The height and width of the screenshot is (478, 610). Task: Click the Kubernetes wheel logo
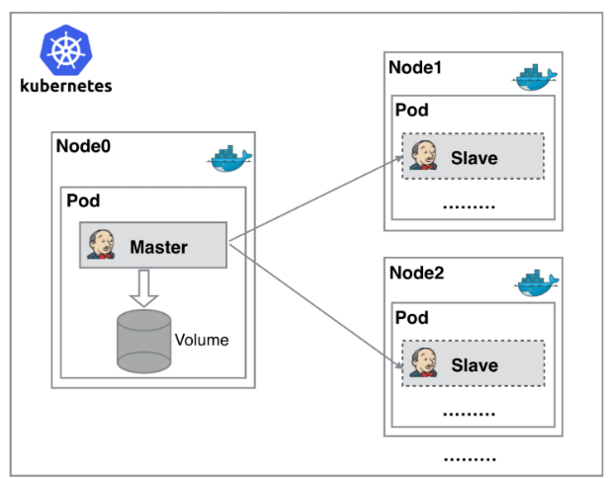(x=66, y=50)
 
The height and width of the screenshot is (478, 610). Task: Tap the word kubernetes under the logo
(x=66, y=86)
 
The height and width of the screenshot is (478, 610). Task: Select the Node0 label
(x=83, y=146)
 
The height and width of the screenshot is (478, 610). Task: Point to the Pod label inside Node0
(x=83, y=200)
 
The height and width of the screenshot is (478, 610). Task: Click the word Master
(x=159, y=247)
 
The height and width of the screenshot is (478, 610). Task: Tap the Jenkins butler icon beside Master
(x=101, y=245)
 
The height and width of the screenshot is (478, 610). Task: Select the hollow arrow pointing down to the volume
(x=144, y=288)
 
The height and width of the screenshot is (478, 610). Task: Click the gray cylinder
(x=144, y=341)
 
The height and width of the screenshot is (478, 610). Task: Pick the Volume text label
(x=202, y=340)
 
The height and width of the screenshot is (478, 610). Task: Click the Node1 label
(x=415, y=67)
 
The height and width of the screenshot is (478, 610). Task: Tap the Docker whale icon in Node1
(x=535, y=77)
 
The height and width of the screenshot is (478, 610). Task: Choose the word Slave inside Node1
(x=475, y=158)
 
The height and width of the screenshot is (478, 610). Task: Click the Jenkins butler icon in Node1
(x=424, y=155)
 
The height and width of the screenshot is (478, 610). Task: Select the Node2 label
(x=416, y=273)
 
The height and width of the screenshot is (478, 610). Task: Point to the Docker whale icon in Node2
(x=538, y=282)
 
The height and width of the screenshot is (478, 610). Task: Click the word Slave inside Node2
(x=475, y=365)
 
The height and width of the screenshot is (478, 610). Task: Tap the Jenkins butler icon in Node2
(x=424, y=362)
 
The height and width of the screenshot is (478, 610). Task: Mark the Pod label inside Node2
(x=412, y=317)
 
